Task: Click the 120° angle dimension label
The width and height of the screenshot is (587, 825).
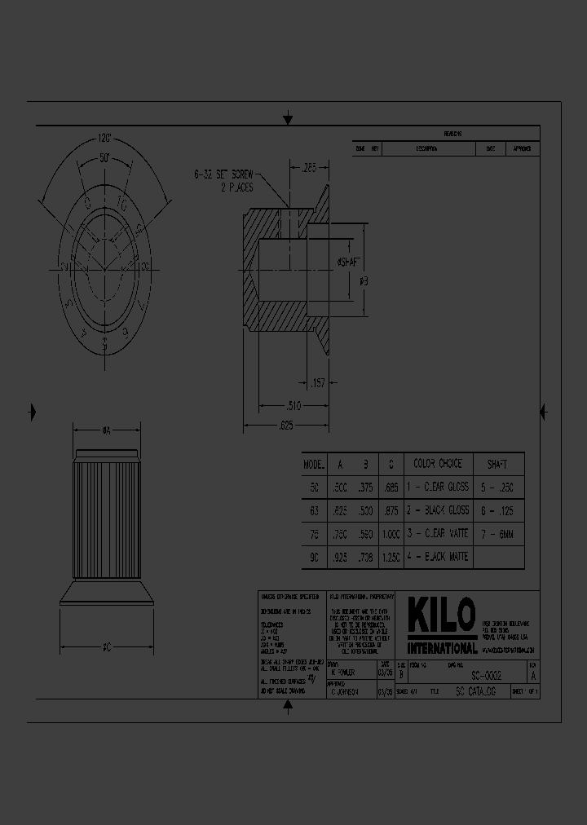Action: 104,138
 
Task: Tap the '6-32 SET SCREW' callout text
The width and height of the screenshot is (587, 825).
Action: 224,174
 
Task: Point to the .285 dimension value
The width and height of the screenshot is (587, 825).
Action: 309,169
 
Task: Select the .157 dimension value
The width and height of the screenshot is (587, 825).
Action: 318,382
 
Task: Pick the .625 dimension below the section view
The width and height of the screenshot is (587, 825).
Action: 285,425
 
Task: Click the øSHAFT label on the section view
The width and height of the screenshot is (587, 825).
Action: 348,262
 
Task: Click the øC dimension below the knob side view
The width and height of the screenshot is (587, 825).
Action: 106,648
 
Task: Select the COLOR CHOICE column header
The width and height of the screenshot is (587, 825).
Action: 437,464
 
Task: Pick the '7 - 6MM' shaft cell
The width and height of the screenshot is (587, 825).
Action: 497,534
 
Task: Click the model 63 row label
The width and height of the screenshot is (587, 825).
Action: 313,510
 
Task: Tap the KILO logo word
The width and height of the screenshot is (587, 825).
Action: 441,618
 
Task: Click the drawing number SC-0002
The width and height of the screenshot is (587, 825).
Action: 486,677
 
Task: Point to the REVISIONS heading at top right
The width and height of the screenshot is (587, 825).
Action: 452,134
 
